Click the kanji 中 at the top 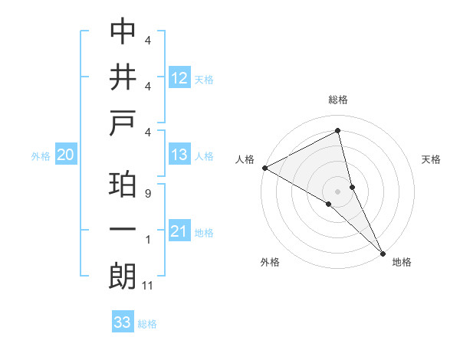click(123, 31)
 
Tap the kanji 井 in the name click(123, 77)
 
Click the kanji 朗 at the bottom click(123, 277)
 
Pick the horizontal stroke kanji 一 click(123, 230)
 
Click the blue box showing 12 click(179, 77)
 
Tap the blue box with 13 click(179, 155)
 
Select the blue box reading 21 click(179, 231)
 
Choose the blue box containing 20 click(66, 155)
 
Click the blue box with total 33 click(123, 322)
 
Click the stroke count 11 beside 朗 click(148, 286)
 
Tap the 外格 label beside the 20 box click(41, 156)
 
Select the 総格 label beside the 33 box click(147, 324)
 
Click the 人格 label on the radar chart click(245, 159)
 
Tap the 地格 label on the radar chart click(402, 262)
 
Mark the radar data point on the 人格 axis click(264, 168)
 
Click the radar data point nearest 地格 click(383, 251)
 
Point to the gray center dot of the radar click(337, 190)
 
